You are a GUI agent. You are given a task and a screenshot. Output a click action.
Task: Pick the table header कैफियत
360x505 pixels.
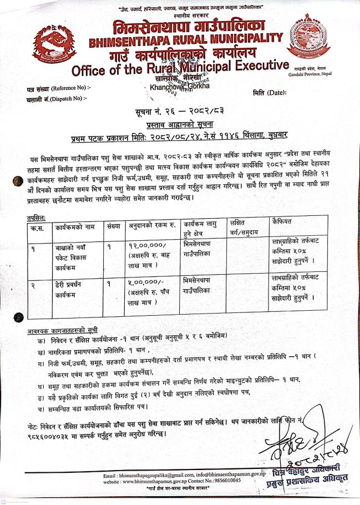[283, 220]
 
